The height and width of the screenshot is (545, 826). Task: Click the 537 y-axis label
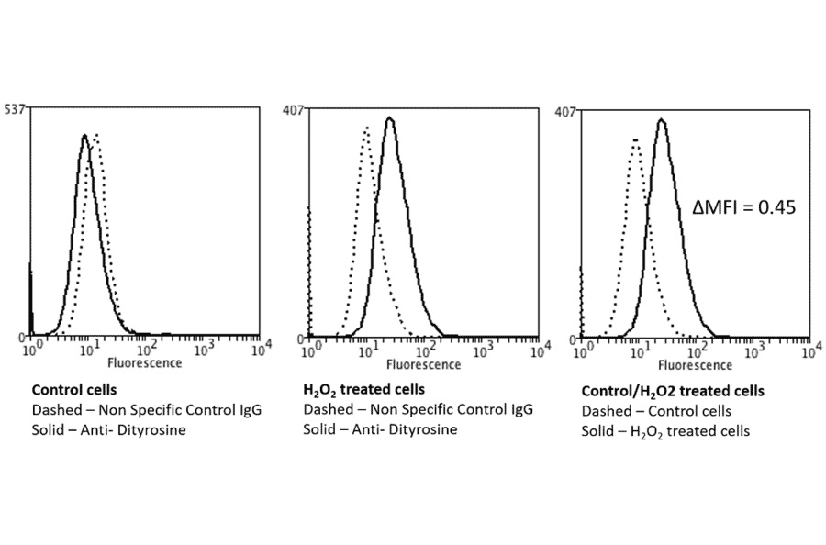(15, 108)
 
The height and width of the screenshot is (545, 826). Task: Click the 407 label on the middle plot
(293, 110)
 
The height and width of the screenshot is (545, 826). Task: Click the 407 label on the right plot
(565, 112)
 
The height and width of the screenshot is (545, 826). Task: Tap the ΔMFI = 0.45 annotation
(742, 207)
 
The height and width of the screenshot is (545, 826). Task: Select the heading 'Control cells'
(73, 389)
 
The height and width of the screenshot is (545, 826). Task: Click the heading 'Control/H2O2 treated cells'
(673, 391)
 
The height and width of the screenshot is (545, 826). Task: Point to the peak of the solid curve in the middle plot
(390, 118)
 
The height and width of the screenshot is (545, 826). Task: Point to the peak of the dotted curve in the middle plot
(366, 128)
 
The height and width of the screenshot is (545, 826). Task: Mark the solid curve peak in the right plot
(662, 120)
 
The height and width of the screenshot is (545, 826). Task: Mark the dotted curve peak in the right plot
(634, 140)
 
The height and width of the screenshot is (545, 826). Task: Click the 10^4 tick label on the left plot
(262, 347)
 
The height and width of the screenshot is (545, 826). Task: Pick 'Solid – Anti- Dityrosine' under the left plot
(109, 429)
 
